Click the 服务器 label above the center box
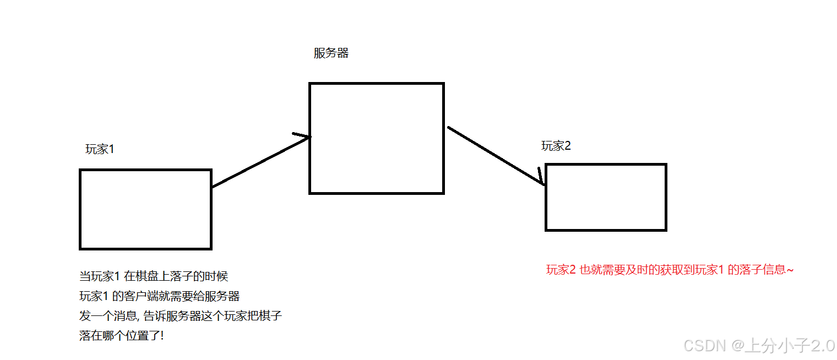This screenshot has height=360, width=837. point(331,53)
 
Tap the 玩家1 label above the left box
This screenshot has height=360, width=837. point(100,149)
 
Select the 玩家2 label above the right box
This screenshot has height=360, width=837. point(556,146)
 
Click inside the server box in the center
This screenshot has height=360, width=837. point(377,138)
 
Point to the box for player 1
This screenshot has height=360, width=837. point(146,209)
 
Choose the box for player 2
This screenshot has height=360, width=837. point(606,197)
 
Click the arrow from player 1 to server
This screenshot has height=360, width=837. point(259,162)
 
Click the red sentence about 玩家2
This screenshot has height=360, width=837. point(669,270)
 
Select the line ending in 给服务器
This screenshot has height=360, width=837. point(160,296)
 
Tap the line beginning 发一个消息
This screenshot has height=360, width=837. point(181,316)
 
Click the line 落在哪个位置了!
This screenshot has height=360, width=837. point(121,336)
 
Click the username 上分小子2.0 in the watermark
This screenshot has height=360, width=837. point(790,346)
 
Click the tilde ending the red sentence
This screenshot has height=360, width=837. point(791,270)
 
